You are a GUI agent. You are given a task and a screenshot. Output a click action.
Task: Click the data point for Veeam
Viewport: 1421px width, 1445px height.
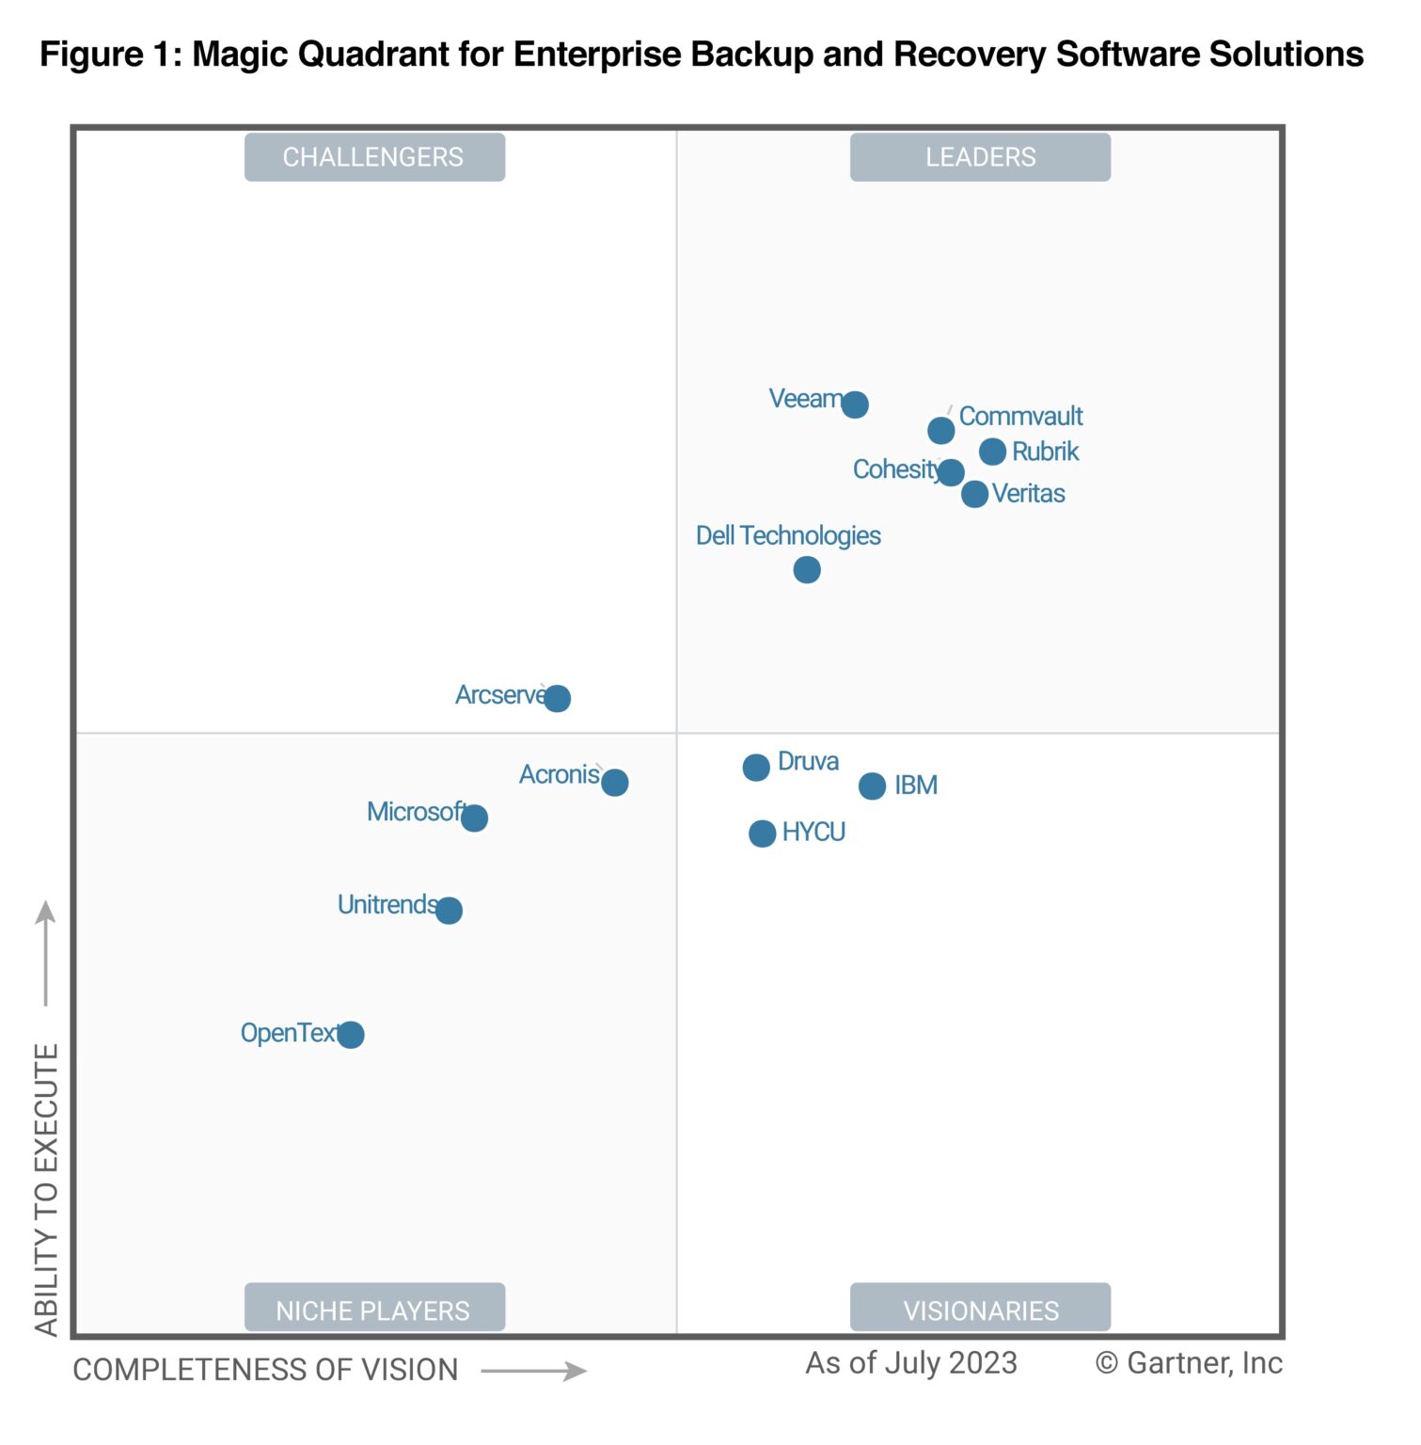854,405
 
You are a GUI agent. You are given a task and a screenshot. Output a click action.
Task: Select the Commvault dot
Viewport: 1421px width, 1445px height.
940,431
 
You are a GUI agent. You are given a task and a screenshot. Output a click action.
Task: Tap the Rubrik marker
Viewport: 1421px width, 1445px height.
992,452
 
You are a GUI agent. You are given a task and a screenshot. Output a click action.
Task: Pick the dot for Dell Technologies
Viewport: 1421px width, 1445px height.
806,570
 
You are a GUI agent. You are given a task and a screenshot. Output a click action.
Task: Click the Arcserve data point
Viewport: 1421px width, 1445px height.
557,698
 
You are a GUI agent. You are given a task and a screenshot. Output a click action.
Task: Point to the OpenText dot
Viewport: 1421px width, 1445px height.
350,1035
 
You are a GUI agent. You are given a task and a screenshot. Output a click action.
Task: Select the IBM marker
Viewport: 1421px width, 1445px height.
872,786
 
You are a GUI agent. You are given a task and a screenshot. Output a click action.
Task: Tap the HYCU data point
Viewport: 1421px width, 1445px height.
762,834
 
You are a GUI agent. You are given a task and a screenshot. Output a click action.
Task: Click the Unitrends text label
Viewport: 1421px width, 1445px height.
387,905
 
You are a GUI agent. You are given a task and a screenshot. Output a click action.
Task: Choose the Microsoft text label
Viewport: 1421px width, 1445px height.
415,812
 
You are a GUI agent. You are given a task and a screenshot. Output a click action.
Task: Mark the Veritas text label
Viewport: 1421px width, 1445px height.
1028,494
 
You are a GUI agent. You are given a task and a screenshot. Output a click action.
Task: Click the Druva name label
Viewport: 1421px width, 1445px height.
808,761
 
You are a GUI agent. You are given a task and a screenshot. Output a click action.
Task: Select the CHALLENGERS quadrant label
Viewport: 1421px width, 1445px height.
374,157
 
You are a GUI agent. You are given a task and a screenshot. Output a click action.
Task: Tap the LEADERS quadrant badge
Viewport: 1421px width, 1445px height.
980,157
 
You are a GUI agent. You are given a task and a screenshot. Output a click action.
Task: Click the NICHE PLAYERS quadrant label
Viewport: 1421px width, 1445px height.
374,1309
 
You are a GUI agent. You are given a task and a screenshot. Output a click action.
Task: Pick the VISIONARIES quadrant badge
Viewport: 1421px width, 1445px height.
980,1309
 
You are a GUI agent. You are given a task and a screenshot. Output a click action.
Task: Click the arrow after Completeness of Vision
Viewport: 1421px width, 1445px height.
533,1371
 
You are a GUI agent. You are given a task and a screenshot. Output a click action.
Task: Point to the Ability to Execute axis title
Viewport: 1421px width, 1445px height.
47,1189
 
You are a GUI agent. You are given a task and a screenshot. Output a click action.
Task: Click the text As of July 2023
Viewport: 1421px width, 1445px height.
910,1363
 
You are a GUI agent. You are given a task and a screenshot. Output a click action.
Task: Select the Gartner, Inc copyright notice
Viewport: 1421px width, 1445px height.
1188,1363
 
